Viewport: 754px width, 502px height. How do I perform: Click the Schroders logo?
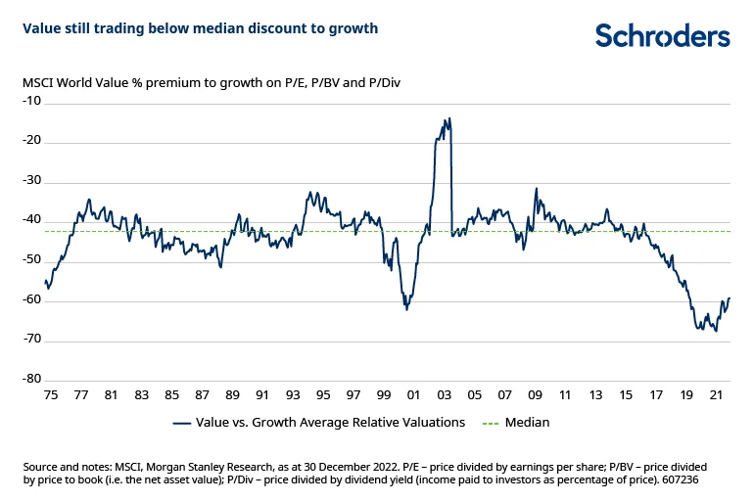tap(663, 36)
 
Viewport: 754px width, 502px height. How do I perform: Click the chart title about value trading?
tap(200, 28)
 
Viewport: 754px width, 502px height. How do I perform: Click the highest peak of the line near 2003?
tap(448, 119)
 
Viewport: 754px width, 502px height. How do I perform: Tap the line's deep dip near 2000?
tap(406, 309)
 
